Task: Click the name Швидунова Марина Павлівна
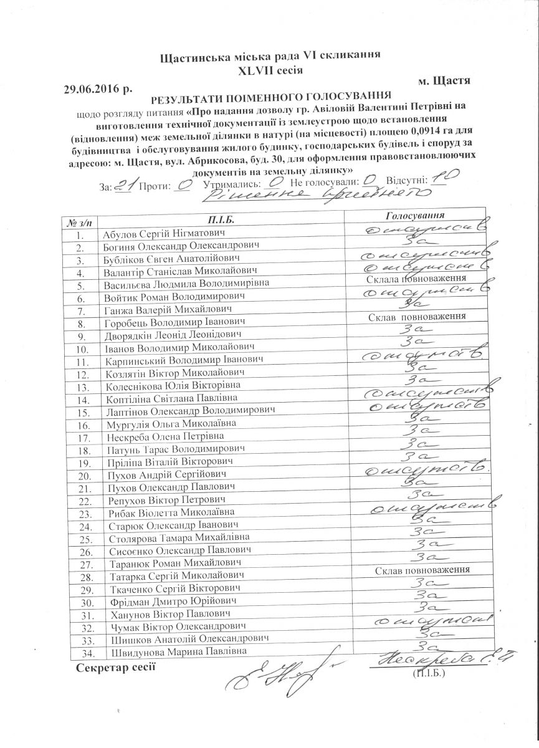tap(177, 651)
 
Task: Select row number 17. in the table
tap(80, 437)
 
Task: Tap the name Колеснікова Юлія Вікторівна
tap(170, 385)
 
